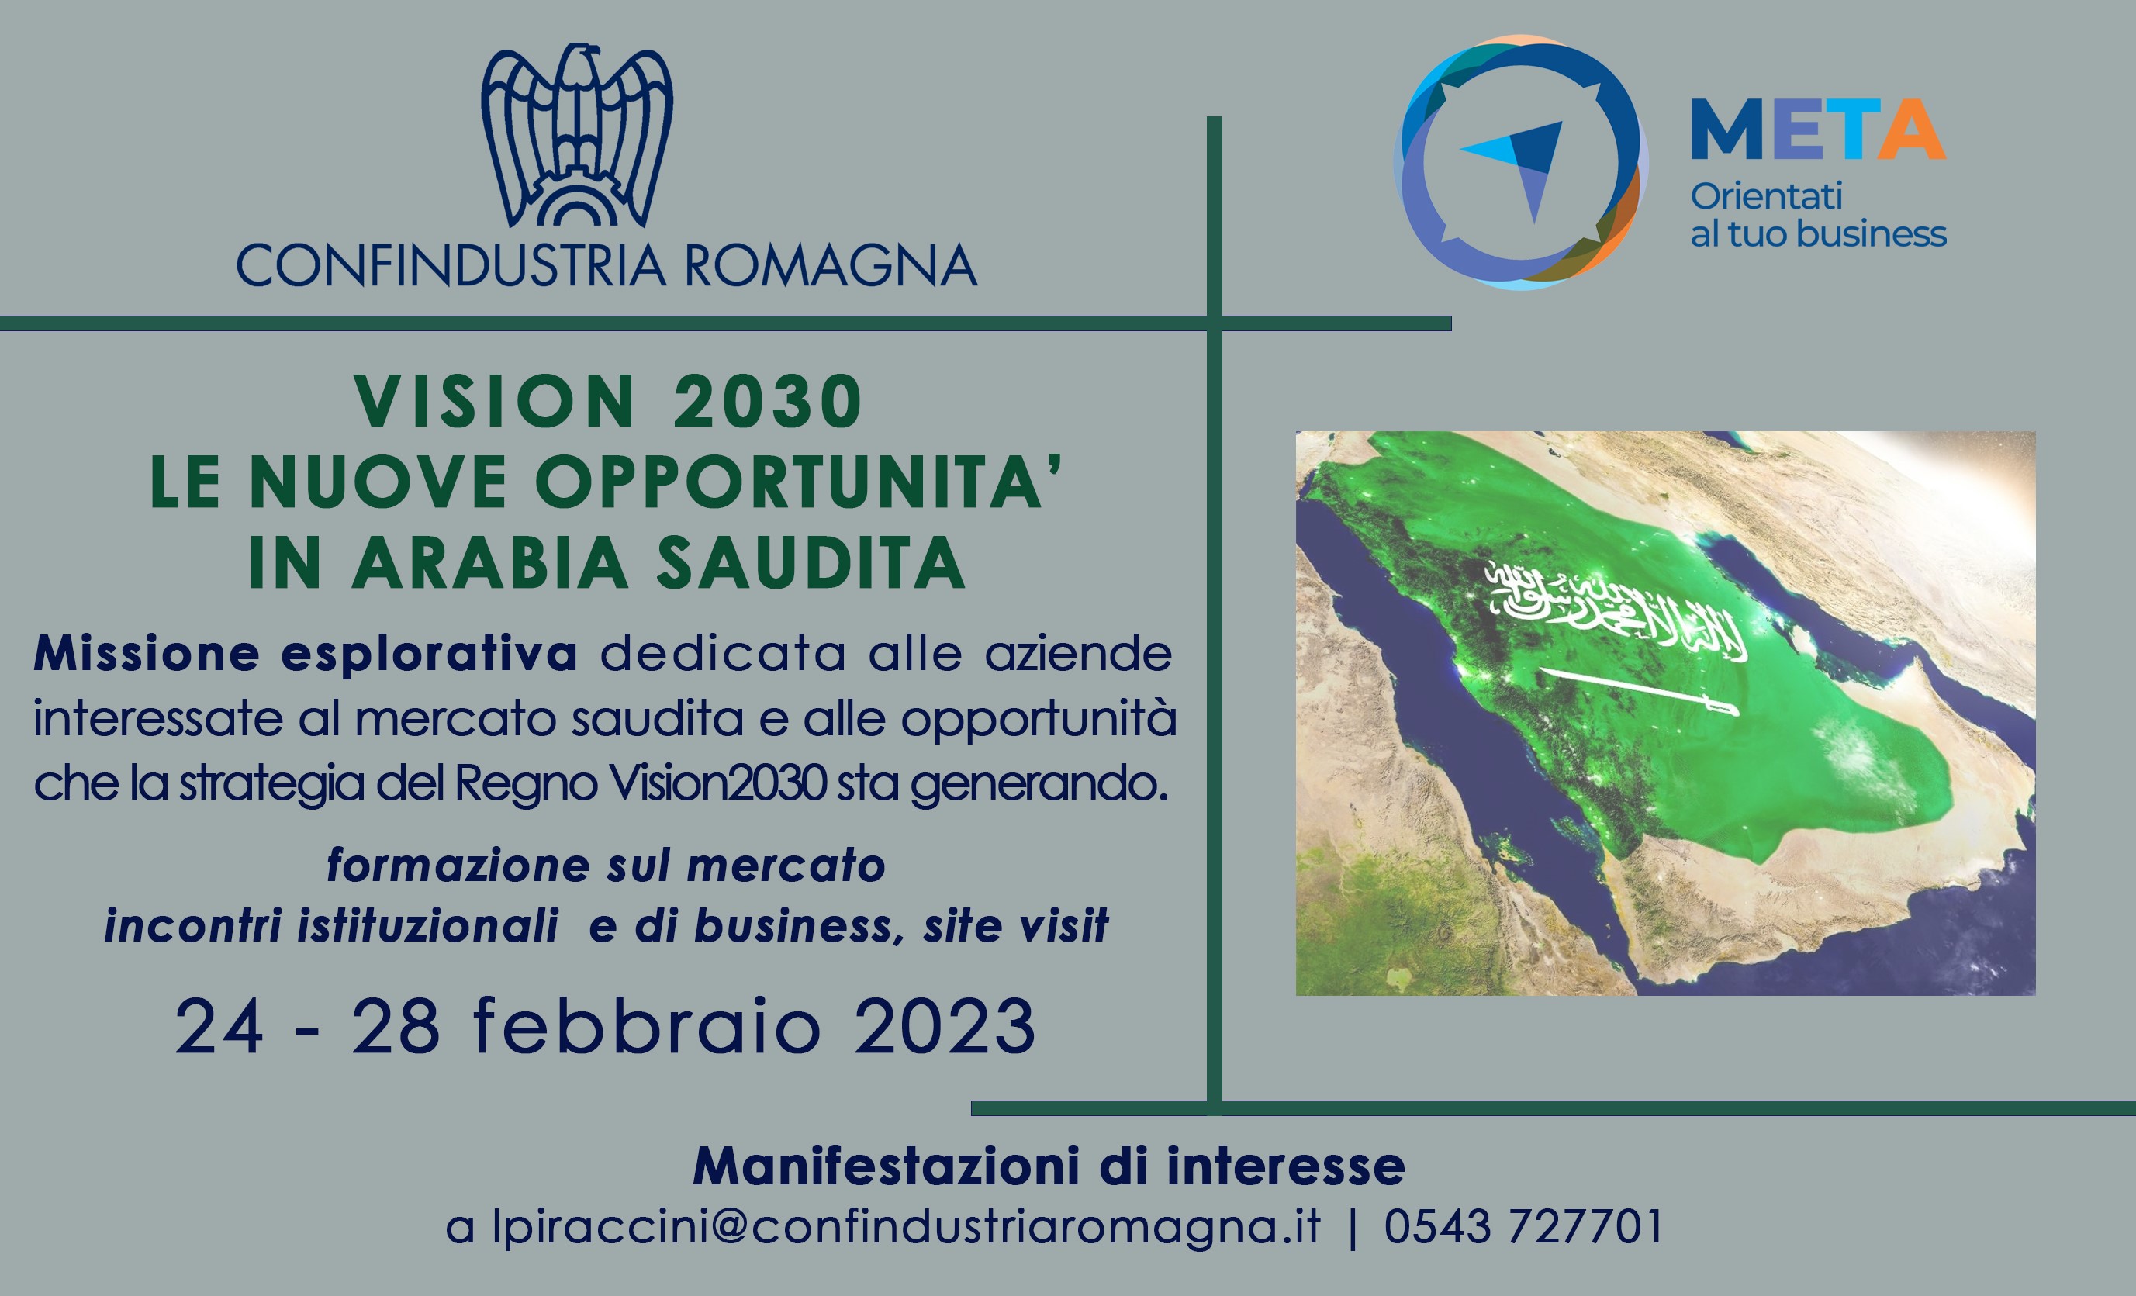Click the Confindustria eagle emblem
pyautogui.click(x=576, y=134)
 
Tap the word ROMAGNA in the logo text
pyautogui.click(x=831, y=265)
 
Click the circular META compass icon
pyautogui.click(x=1522, y=162)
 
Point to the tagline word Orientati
pyautogui.click(x=1766, y=197)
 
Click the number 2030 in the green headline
pyautogui.click(x=767, y=403)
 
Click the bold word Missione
pyautogui.click(x=147, y=653)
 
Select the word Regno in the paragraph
pyautogui.click(x=525, y=786)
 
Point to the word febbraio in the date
pyautogui.click(x=648, y=1026)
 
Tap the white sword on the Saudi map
pyautogui.click(x=1637, y=692)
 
